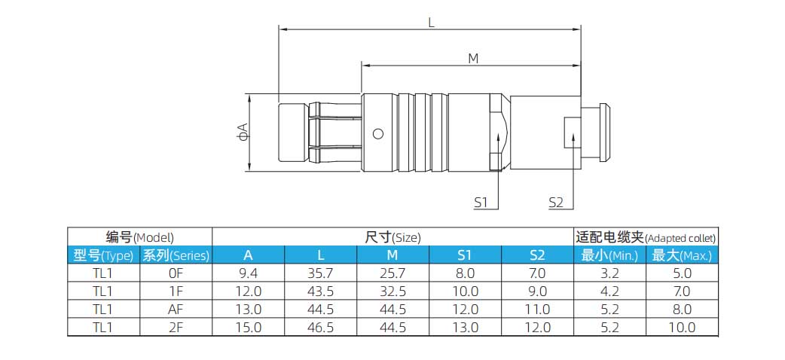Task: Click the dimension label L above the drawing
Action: [431, 22]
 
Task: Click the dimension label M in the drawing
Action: [473, 59]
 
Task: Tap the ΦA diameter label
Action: [243, 131]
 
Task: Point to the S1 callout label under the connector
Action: [481, 203]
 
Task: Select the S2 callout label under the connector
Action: [556, 203]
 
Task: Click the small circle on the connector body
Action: [378, 134]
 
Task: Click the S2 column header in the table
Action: [536, 255]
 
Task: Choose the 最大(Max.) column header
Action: [681, 255]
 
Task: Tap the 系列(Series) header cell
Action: [176, 255]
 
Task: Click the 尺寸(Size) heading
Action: [392, 236]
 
